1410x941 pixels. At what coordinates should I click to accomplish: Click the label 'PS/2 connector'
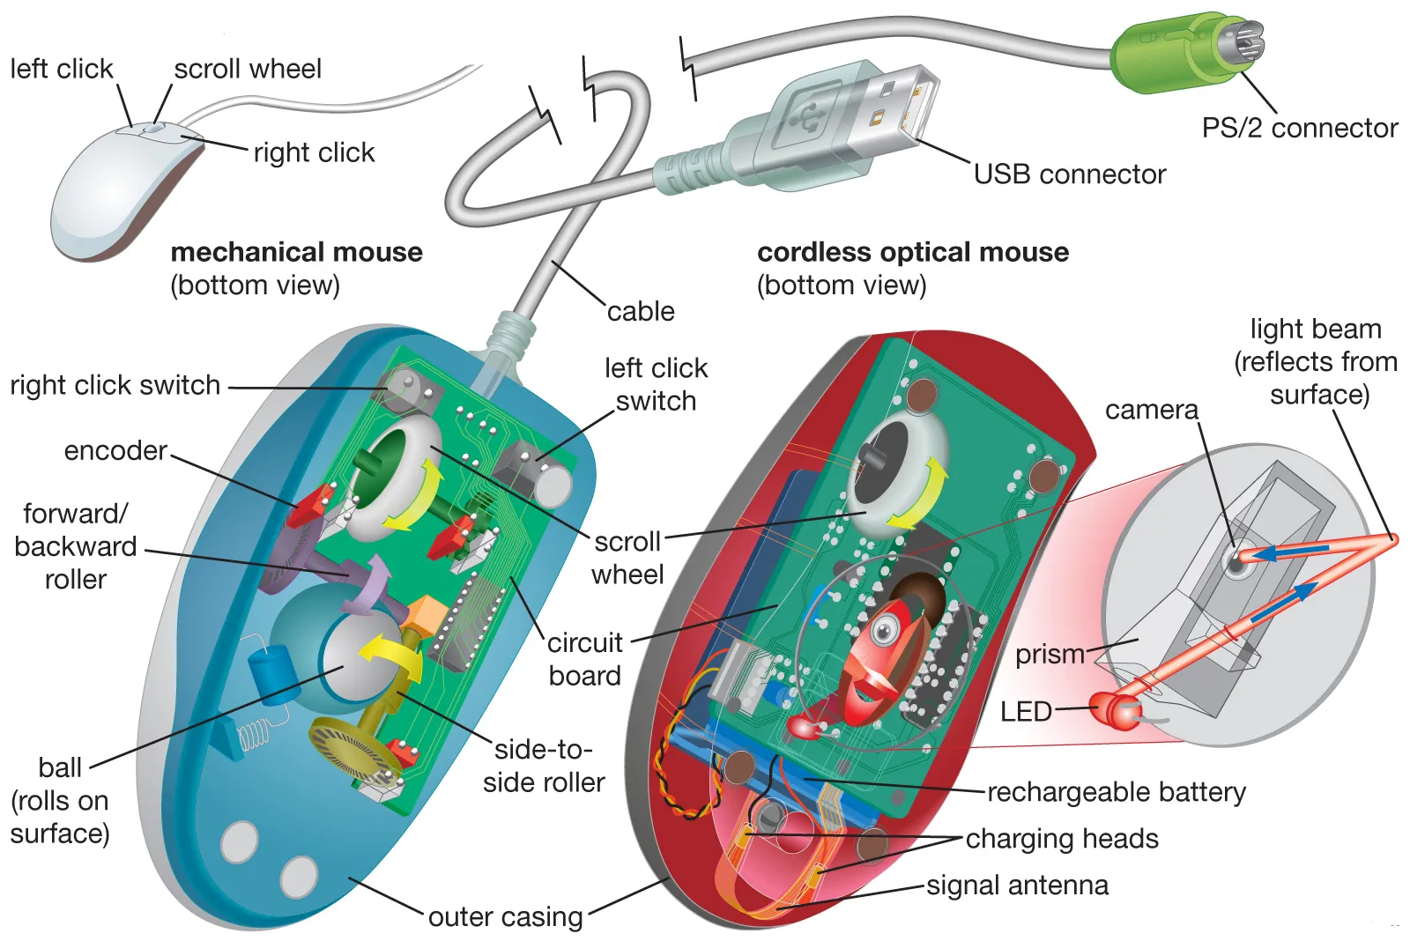click(x=1299, y=129)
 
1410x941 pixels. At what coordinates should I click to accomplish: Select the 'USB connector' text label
click(x=1069, y=174)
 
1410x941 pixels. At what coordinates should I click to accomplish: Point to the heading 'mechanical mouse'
click(x=296, y=253)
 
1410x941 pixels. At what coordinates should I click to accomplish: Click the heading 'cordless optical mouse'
click(x=912, y=253)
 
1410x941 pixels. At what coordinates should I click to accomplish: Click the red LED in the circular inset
click(x=1114, y=710)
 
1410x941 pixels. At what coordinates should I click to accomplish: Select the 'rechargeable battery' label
click(x=1116, y=792)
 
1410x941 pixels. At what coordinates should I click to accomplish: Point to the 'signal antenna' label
click(x=1017, y=885)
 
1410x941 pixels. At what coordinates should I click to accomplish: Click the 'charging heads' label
click(x=1062, y=839)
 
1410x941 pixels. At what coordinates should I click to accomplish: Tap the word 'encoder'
click(x=115, y=451)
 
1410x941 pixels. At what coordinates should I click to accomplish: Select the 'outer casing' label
click(x=505, y=917)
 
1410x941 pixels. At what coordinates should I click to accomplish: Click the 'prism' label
click(x=1050, y=655)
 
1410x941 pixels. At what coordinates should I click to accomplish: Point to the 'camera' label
click(x=1151, y=411)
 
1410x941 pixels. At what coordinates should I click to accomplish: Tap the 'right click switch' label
click(x=115, y=386)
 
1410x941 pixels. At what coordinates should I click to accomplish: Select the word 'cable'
click(x=641, y=312)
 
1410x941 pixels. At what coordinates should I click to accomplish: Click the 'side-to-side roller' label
click(x=544, y=767)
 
